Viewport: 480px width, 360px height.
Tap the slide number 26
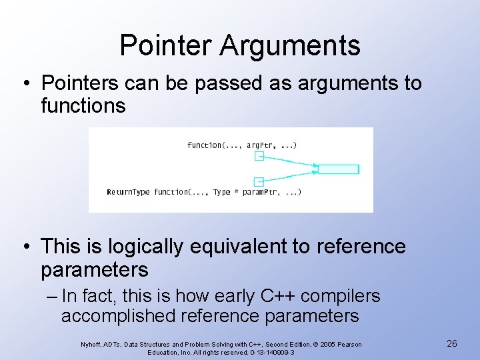click(x=451, y=343)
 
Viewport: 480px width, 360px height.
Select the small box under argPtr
click(x=259, y=156)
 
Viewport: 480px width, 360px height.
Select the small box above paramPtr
click(x=259, y=181)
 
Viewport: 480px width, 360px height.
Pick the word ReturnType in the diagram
click(x=129, y=192)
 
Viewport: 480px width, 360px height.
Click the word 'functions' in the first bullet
click(x=83, y=105)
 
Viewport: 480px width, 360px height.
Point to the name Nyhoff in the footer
click(x=91, y=344)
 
